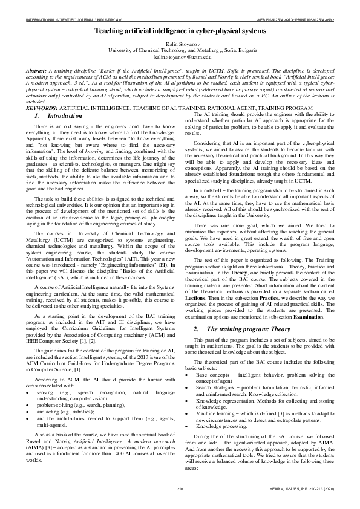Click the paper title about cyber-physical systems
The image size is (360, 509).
point(180,30)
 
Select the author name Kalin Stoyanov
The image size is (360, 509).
point(180,45)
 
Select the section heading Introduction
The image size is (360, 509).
point(61,115)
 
